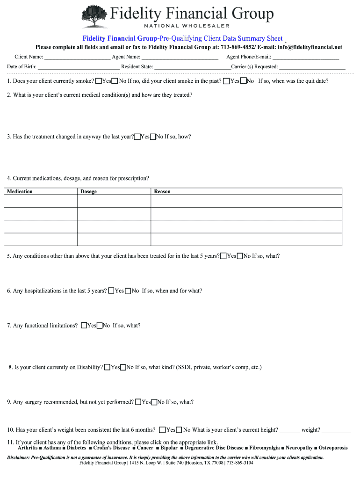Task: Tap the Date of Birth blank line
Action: click(79, 67)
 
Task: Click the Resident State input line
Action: click(192, 67)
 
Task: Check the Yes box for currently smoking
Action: click(98, 81)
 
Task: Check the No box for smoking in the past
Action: click(243, 81)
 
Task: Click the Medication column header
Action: click(20, 191)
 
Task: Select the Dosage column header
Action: click(89, 191)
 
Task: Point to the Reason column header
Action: click(162, 191)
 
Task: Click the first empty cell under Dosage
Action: click(114, 201)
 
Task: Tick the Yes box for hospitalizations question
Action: click(111, 291)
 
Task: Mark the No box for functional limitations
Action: click(99, 326)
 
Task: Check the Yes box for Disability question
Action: click(107, 368)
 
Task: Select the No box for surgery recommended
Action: click(154, 402)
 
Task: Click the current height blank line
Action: click(290, 430)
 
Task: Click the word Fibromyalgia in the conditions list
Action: click(265, 448)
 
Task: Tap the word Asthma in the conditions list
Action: click(52, 448)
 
